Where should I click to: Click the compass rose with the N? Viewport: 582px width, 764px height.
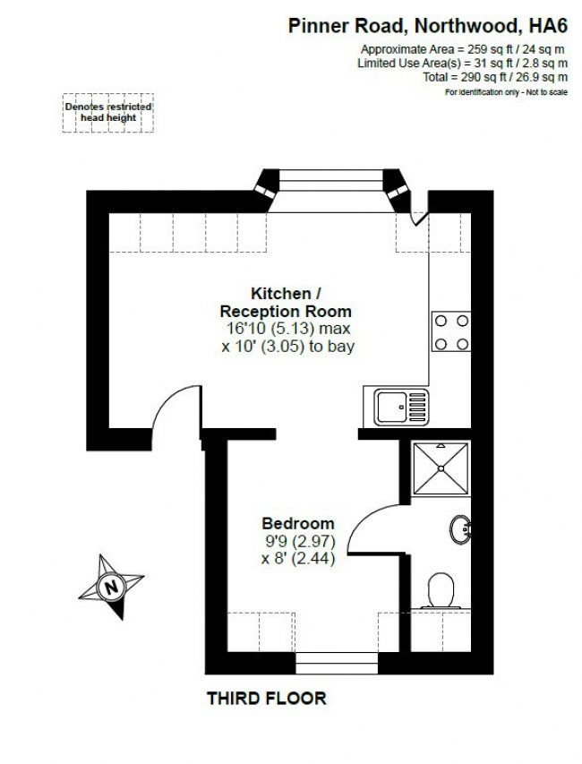(x=111, y=588)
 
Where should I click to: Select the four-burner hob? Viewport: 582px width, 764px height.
(x=450, y=330)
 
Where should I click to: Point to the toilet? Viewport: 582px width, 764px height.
(x=441, y=591)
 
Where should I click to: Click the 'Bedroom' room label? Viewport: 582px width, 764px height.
(x=298, y=523)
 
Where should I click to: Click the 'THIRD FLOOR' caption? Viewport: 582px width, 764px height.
(x=267, y=697)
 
